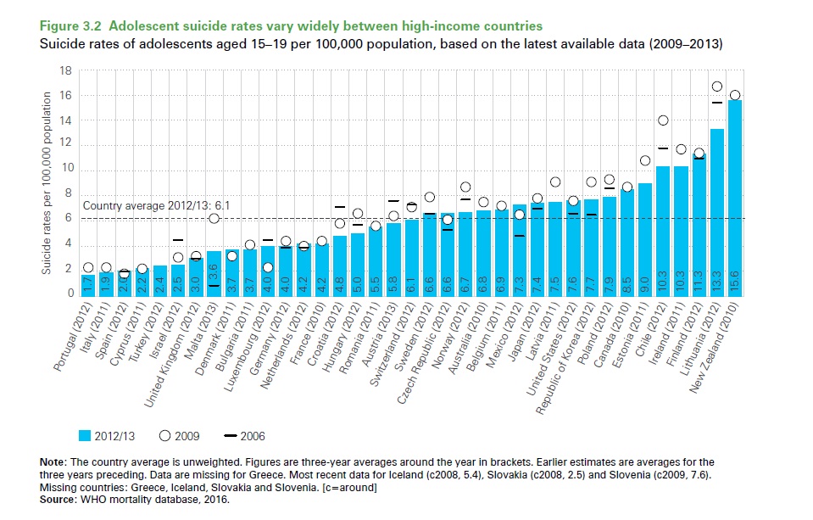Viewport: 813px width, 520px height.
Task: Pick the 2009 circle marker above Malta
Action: [x=214, y=219]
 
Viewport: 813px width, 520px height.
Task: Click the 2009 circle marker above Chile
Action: [x=663, y=120]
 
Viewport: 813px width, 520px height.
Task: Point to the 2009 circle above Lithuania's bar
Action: [x=716, y=87]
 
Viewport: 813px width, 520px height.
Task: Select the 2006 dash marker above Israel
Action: [x=178, y=240]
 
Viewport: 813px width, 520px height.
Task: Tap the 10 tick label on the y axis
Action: [x=66, y=170]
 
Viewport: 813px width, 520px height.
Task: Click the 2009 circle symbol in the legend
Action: [x=165, y=437]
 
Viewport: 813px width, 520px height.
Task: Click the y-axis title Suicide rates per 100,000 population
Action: [x=48, y=182]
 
